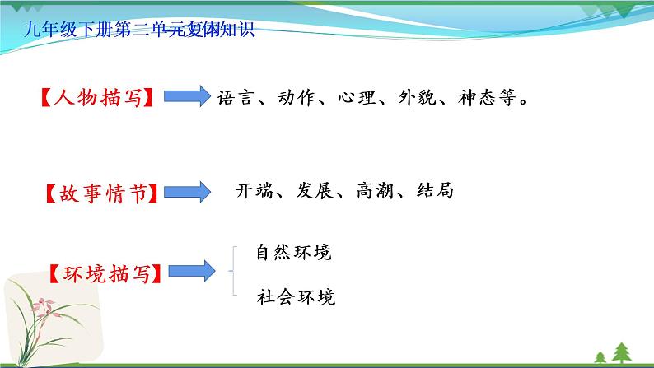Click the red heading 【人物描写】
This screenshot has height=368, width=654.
[100, 97]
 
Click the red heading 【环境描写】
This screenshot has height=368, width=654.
[103, 272]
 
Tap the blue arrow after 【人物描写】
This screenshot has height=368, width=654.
[188, 97]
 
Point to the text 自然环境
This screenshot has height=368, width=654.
[293, 253]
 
